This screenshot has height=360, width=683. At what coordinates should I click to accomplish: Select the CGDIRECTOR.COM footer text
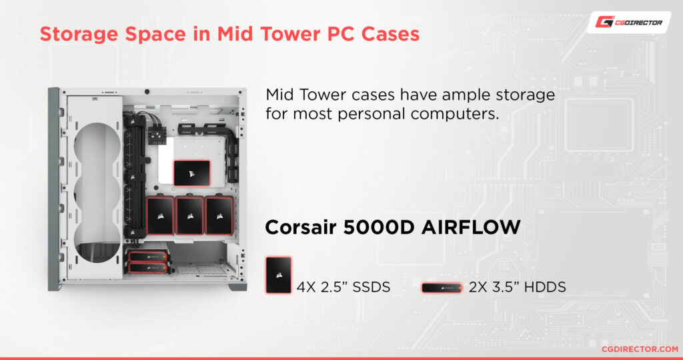coord(640,349)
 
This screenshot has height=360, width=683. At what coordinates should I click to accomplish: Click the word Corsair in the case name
coord(301,227)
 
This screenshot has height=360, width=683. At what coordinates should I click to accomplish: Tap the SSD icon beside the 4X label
coord(278,275)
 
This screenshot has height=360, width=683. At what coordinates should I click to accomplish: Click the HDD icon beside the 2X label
coord(442,288)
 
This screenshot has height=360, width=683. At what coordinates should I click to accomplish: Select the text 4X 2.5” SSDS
coord(344,287)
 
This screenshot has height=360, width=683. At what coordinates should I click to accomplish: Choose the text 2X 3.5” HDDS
coord(518,287)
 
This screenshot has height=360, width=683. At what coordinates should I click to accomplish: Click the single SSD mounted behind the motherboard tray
coord(191,173)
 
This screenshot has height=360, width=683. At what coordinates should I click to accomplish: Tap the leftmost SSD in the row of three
coord(160,215)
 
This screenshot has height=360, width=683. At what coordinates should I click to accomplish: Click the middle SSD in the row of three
coord(189,215)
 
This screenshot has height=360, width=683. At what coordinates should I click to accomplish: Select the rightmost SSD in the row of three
coord(219,215)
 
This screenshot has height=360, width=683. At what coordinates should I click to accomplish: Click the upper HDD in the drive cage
coord(147,257)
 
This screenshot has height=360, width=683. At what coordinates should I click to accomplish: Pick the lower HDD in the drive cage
coord(147,268)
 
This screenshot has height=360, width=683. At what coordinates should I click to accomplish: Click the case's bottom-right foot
coord(238,287)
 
